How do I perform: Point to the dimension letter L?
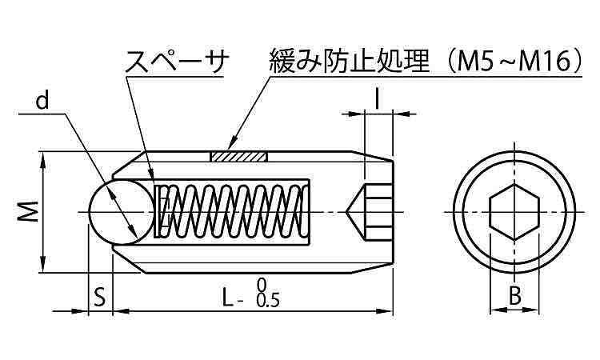228,298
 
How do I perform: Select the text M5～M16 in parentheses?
514,61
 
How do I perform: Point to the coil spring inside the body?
232,212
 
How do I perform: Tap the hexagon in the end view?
514,213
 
